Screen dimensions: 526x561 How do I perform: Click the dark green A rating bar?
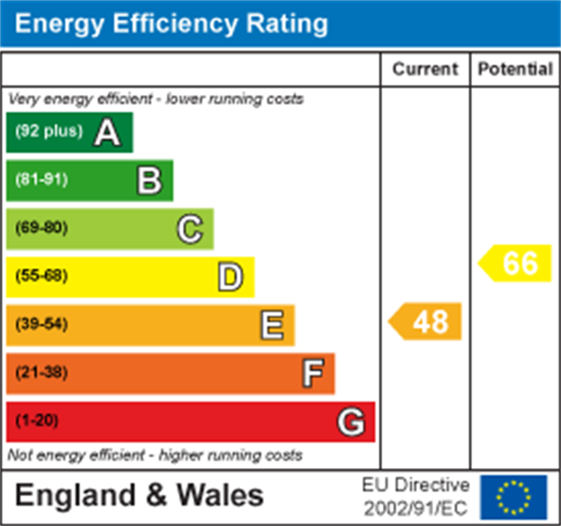(70, 132)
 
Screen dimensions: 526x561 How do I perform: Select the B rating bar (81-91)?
(90, 180)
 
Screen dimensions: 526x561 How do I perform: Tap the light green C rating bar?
(110, 228)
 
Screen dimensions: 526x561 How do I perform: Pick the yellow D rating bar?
(130, 277)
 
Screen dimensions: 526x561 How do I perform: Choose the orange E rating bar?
(150, 324)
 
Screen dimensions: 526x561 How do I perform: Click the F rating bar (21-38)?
(170, 373)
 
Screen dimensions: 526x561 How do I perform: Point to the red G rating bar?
(190, 421)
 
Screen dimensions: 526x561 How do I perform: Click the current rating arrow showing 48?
(426, 320)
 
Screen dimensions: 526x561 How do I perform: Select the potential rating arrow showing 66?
(515, 263)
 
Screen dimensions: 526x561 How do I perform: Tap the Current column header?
(425, 69)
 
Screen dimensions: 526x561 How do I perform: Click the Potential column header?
(515, 69)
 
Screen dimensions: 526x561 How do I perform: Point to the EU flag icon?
(513, 497)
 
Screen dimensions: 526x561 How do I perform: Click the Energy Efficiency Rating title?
(171, 24)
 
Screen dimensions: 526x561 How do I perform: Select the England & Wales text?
(139, 496)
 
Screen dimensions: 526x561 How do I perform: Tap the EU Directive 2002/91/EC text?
(415, 497)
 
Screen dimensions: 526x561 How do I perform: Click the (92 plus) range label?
(49, 131)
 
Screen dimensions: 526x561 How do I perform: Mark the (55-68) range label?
(41, 276)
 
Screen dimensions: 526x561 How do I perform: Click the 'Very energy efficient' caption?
(155, 99)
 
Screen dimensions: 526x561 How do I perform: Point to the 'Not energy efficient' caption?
(155, 455)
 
